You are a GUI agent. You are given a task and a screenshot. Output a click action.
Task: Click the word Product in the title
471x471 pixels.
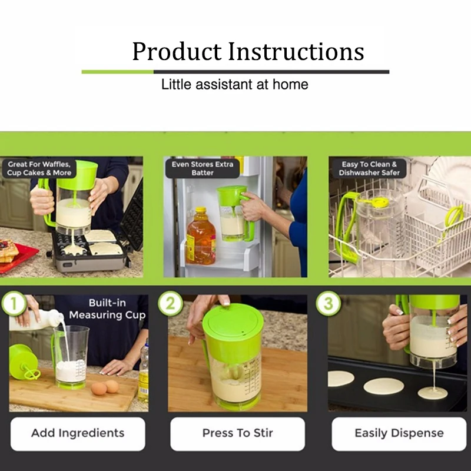tap(177, 51)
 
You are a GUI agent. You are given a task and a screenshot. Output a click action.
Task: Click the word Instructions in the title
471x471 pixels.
tap(296, 51)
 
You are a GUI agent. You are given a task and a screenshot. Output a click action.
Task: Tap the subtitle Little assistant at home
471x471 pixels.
tap(234, 84)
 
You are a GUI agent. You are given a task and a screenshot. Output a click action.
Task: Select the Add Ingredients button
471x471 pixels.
tap(78, 433)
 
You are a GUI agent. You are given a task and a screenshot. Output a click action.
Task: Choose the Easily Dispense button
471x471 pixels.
tap(399, 433)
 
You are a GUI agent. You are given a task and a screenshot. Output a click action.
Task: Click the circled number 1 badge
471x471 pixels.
tap(14, 303)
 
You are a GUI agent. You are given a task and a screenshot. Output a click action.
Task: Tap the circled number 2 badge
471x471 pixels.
tap(170, 303)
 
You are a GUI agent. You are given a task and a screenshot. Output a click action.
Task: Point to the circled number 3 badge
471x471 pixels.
tap(329, 303)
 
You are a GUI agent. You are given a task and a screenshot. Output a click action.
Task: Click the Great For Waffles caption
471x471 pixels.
tap(39, 168)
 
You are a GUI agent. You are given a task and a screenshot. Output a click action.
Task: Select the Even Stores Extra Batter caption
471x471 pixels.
tap(203, 168)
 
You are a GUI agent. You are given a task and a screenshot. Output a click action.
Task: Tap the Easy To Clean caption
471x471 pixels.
tap(369, 168)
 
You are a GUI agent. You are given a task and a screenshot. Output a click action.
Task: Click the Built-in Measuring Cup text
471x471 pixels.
tap(107, 309)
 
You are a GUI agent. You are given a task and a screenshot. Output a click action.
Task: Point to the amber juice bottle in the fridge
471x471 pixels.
tap(201, 236)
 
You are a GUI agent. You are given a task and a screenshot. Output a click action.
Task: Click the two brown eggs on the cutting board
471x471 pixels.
tap(105, 387)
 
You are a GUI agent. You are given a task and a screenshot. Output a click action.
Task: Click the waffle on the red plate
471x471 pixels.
tap(8, 251)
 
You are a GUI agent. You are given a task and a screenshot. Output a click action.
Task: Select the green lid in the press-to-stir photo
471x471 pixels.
tap(233, 332)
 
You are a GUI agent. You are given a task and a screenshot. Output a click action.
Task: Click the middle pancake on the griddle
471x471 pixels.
tap(384, 386)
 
